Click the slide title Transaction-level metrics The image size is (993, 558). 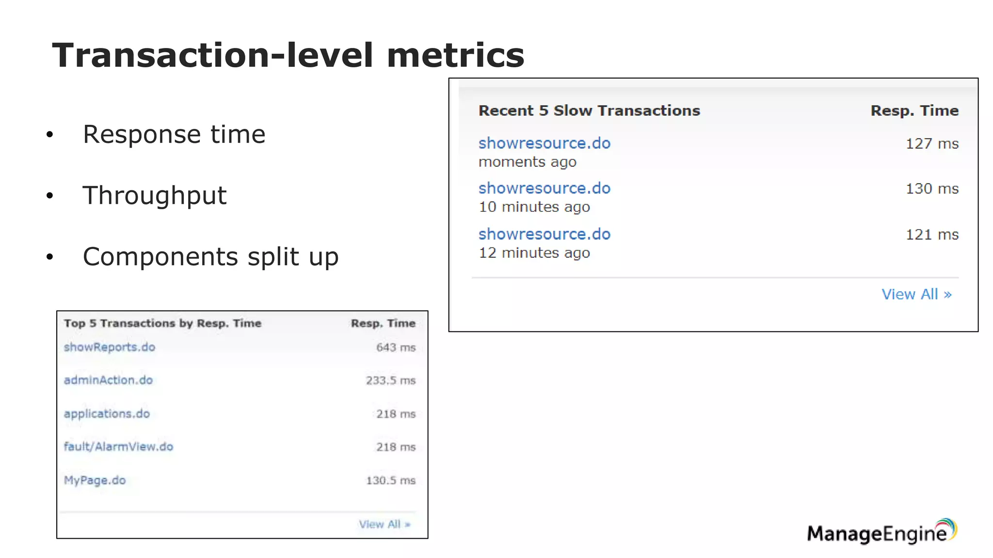tap(288, 55)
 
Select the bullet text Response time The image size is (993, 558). tap(174, 134)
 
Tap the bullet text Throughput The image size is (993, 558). tap(154, 195)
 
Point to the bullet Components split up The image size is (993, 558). tap(210, 257)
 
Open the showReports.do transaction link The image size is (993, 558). tap(110, 347)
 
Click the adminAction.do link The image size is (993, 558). tap(108, 380)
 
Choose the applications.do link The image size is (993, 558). tap(107, 414)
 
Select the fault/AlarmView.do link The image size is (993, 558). tap(118, 447)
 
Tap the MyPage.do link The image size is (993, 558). tap(95, 480)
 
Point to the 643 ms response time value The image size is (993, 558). tap(396, 347)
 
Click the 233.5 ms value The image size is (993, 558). tap(390, 380)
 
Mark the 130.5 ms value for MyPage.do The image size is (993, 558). tap(390, 480)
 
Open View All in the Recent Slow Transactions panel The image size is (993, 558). tap(916, 294)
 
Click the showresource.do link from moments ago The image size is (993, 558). tap(544, 143)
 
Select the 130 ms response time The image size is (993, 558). tap(932, 188)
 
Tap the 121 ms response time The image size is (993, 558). tap(932, 234)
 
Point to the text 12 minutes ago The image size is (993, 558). tap(534, 253)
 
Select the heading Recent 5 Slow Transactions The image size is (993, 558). tap(589, 110)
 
